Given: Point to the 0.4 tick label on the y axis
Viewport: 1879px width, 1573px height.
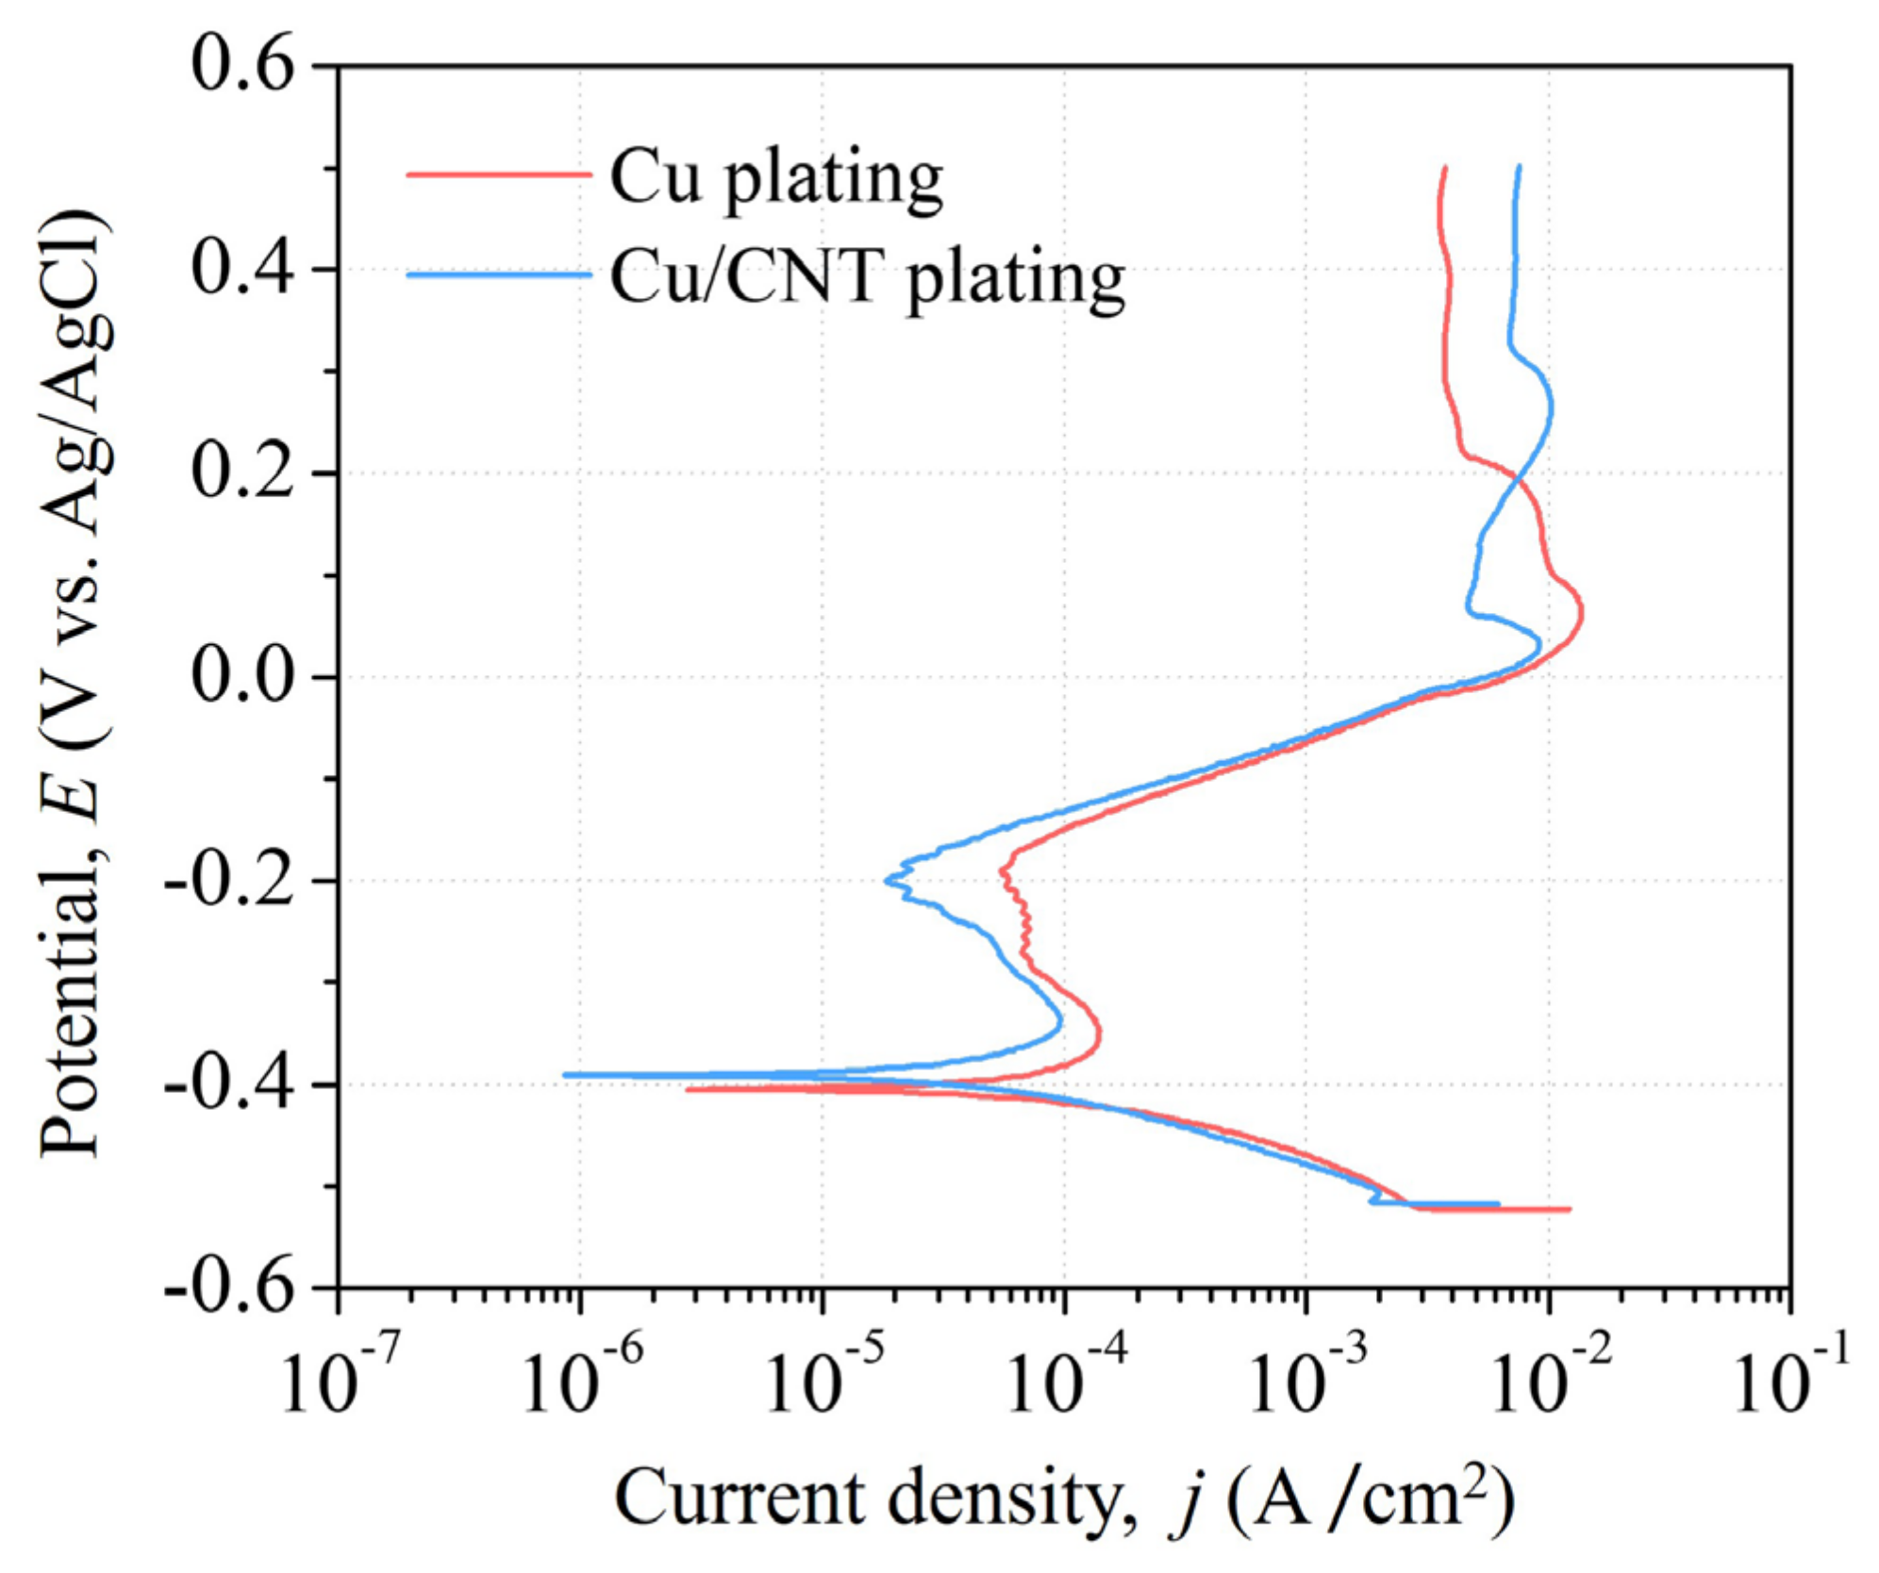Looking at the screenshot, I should click(243, 270).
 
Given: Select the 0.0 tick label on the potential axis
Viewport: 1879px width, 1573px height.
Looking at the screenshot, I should click(243, 677).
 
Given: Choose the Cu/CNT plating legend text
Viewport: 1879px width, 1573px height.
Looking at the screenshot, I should click(867, 277).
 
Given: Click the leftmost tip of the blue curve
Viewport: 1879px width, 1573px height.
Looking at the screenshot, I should click(565, 1074).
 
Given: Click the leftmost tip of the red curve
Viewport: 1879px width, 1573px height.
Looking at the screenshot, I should click(688, 1089).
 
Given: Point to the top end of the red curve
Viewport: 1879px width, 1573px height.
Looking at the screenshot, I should click(1444, 168).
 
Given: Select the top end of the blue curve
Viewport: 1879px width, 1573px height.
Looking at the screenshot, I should click(1519, 167).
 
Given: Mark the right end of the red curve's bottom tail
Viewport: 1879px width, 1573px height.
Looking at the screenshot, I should click(1570, 1209).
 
